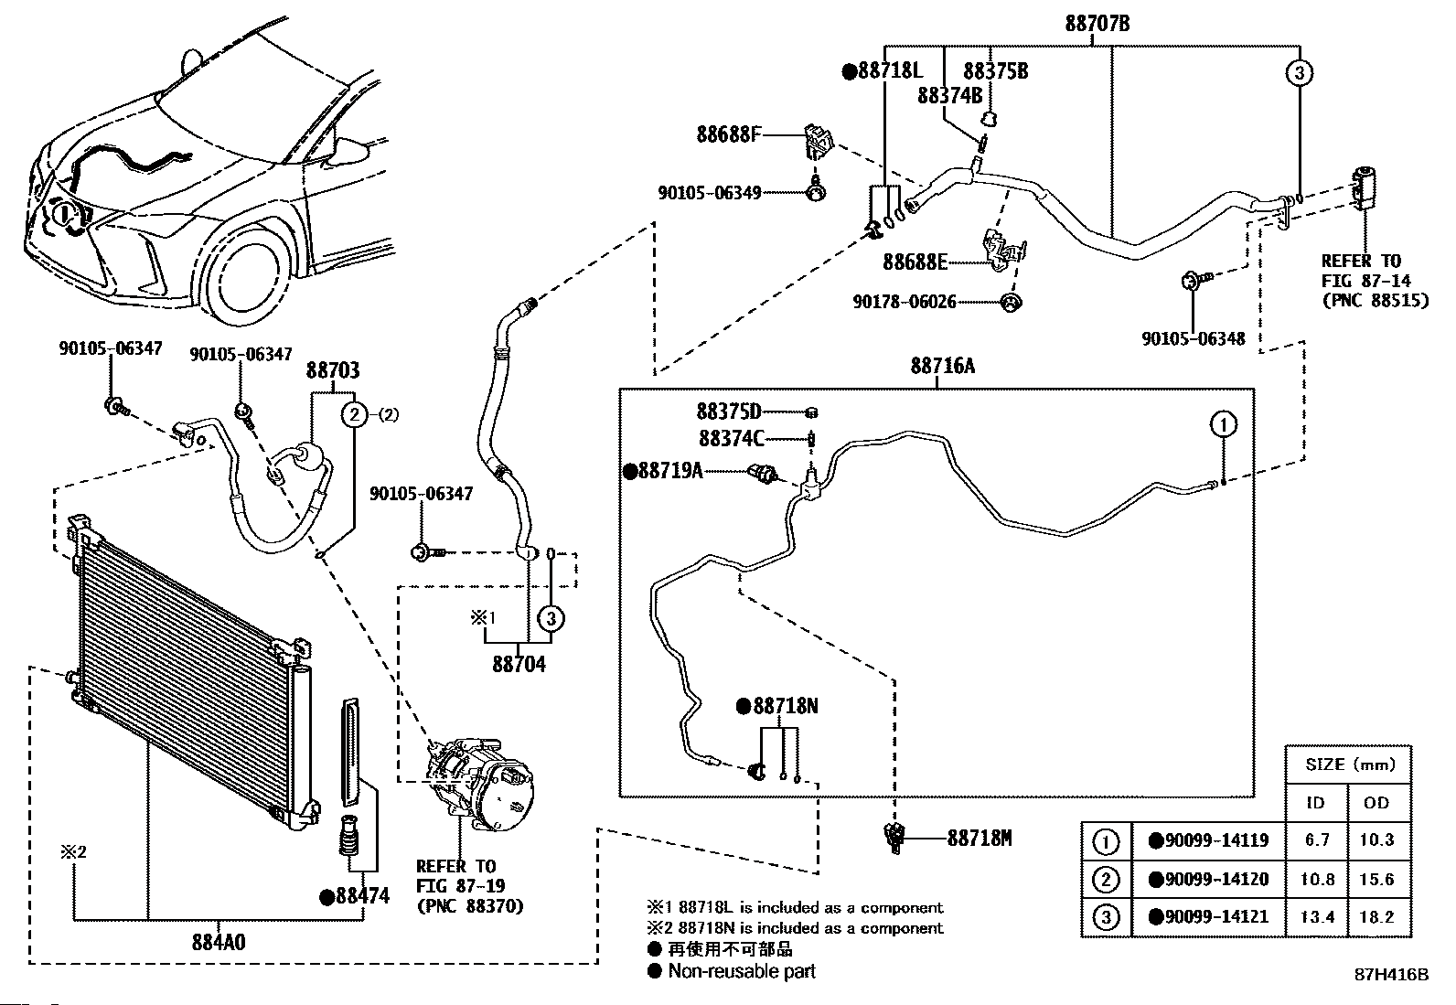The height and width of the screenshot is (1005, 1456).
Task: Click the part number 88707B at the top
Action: [1097, 23]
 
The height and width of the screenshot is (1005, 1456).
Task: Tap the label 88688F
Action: [728, 135]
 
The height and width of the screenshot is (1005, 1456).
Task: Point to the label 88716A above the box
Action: [942, 367]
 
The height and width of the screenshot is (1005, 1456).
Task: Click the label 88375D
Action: [729, 412]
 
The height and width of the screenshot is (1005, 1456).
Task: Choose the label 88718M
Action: [980, 838]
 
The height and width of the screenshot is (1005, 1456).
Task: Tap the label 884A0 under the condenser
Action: [218, 942]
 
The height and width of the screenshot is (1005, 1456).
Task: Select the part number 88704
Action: [519, 664]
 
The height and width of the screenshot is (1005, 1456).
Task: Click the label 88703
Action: [332, 370]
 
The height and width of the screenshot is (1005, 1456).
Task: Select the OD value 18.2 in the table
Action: [1376, 916]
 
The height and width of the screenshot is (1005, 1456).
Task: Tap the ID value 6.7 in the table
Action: [1317, 839]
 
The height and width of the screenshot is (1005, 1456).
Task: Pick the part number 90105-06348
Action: [1193, 338]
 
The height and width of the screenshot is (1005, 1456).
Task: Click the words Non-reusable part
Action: [741, 971]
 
